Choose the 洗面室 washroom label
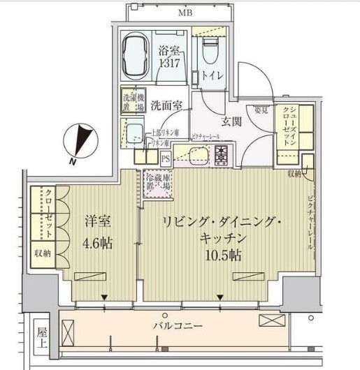coord(167,106)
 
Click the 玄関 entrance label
coord(232,121)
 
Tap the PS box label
coord(166,158)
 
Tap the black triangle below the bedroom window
coord(104,298)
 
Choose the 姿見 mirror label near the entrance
coord(261,110)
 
